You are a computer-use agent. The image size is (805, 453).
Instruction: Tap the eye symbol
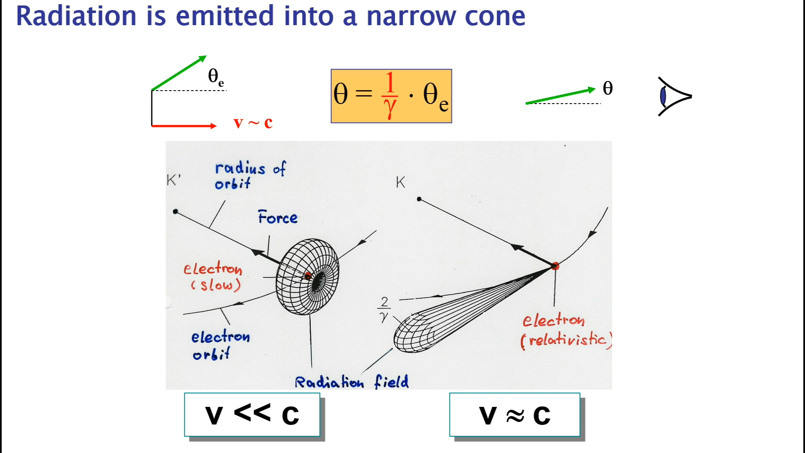(x=673, y=96)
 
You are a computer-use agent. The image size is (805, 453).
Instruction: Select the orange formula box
(x=391, y=96)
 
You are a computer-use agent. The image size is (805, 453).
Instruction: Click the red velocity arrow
(x=184, y=125)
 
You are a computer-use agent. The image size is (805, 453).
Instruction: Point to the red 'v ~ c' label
(x=253, y=122)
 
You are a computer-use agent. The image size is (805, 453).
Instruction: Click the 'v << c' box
(x=252, y=414)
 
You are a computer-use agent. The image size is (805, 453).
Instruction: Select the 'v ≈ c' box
(x=514, y=414)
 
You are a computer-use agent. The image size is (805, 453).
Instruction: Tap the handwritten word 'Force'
(x=278, y=217)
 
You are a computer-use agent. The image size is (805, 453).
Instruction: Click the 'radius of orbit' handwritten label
(x=249, y=175)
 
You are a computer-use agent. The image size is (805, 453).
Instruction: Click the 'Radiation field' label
(x=351, y=382)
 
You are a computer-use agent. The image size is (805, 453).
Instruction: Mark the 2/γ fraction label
(x=384, y=309)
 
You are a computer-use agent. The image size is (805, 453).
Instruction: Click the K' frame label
(x=173, y=180)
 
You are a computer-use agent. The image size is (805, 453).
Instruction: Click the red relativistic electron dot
(x=555, y=266)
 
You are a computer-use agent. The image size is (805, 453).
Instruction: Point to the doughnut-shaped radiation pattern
(x=307, y=277)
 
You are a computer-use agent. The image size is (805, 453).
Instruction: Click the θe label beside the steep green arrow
(x=216, y=77)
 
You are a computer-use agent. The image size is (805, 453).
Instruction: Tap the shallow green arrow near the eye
(x=560, y=96)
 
